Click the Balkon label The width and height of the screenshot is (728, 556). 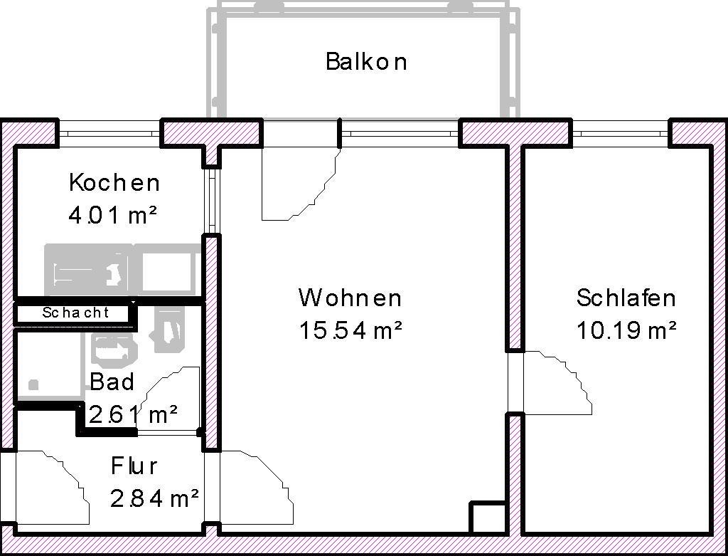click(x=366, y=62)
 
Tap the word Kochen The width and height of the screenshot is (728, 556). click(x=114, y=183)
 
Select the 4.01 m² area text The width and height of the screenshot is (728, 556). click(x=113, y=215)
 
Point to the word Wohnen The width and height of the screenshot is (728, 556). click(x=350, y=298)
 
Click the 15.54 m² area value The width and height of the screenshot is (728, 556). click(x=350, y=330)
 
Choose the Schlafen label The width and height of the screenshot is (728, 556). click(x=626, y=298)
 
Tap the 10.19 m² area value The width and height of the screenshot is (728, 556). click(x=626, y=330)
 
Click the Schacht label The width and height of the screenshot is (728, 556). click(x=75, y=313)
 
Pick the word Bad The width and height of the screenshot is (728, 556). click(x=112, y=382)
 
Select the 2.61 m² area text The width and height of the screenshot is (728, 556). click(x=133, y=414)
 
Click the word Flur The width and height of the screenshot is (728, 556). click(x=134, y=466)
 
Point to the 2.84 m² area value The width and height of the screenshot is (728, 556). click(x=154, y=499)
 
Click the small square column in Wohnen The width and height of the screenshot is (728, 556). click(x=487, y=518)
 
